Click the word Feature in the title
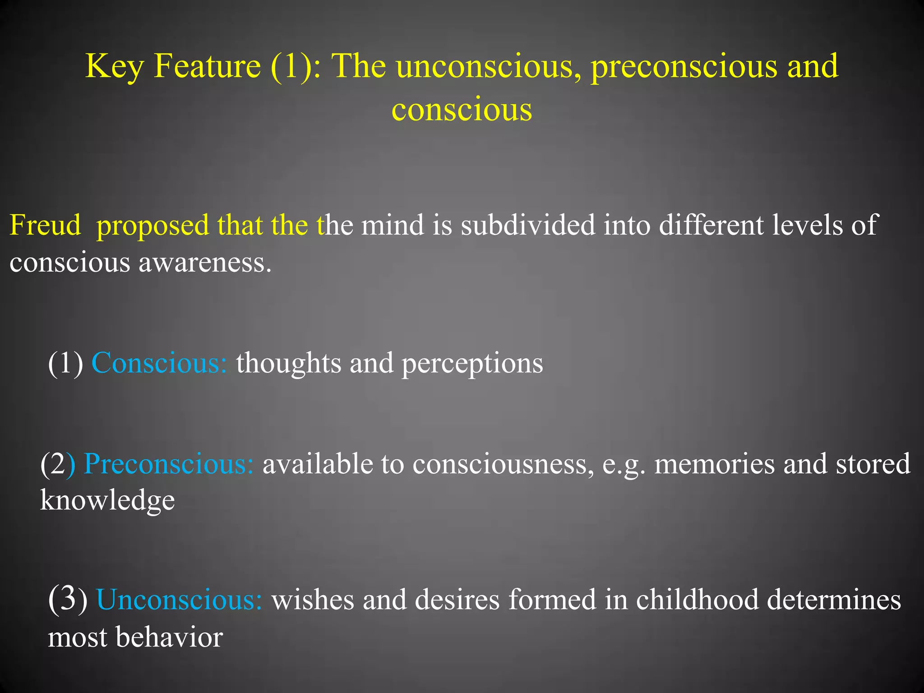point(207,66)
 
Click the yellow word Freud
point(45,225)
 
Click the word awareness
point(205,263)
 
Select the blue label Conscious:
point(159,363)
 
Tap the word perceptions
point(472,364)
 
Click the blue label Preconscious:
point(169,464)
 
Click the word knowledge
point(107,501)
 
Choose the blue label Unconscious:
point(179,600)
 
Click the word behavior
point(169,637)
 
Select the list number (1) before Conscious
point(66,363)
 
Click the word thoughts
point(289,363)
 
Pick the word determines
point(834,600)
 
